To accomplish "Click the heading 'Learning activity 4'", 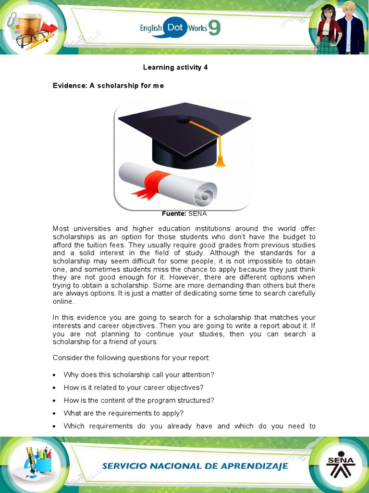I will click(x=175, y=67).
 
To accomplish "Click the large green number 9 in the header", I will click(x=214, y=28).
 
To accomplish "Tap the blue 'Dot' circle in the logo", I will click(x=175, y=28).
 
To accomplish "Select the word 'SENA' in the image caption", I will click(x=197, y=213).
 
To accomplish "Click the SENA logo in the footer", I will click(x=340, y=465).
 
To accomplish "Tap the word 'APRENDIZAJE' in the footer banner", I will click(x=254, y=466).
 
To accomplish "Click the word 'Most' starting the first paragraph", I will click(x=61, y=229).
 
